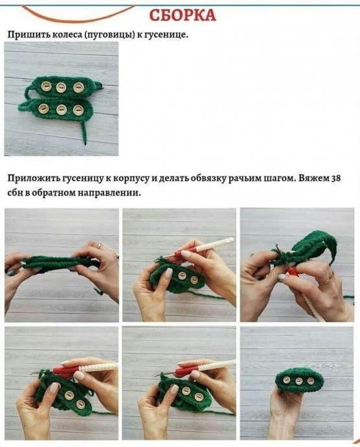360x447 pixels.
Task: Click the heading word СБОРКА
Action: (x=183, y=15)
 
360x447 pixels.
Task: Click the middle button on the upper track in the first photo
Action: (x=61, y=87)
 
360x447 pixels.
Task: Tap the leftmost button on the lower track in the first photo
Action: (x=43, y=108)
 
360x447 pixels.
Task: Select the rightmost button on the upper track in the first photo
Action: (x=78, y=87)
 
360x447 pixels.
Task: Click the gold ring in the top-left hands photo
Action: (x=100, y=245)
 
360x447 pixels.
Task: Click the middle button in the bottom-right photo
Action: (x=298, y=381)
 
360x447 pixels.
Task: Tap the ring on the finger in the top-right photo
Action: (x=330, y=277)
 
